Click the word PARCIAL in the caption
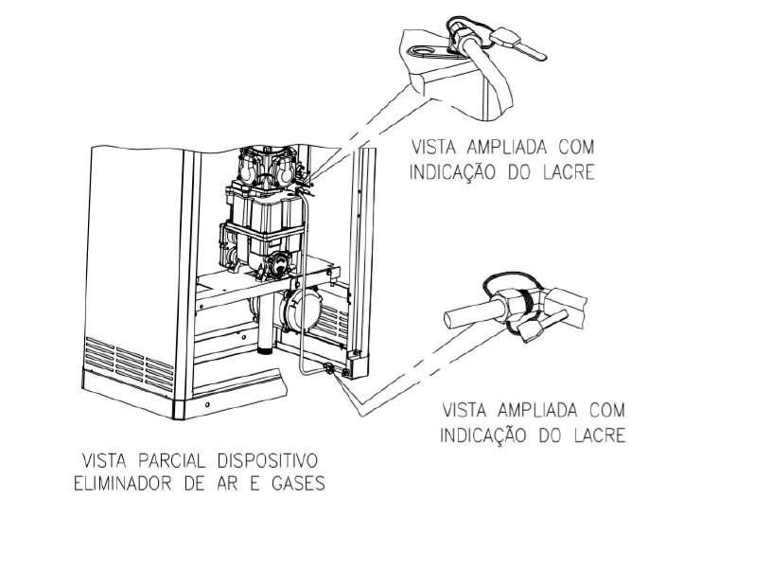pos(171,461)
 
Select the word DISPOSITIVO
pos(268,461)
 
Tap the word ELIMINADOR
pos(122,484)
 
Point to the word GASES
pos(299,484)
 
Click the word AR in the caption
pos(226,484)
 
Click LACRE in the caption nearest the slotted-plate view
pos(569,172)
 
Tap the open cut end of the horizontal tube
pos(448,319)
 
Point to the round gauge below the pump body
pos(280,263)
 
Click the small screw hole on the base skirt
pos(207,404)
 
